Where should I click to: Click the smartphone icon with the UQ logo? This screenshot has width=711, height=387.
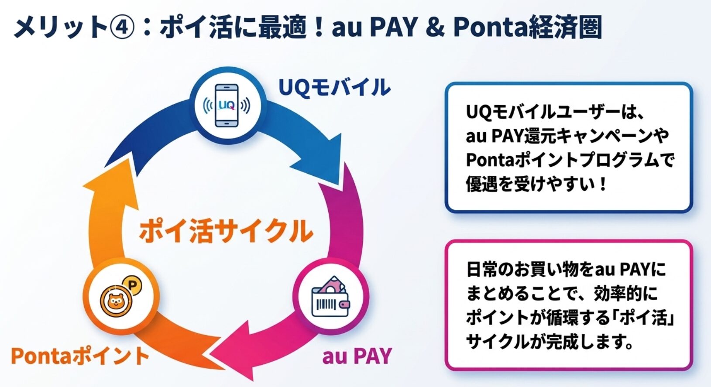227,105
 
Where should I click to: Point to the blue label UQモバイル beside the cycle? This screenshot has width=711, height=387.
334,87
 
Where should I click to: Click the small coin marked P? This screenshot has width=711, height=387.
132,286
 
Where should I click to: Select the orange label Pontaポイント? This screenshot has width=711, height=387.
80,356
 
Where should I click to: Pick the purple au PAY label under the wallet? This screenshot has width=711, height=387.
357,356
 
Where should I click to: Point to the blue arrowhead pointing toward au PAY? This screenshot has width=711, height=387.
321,159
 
